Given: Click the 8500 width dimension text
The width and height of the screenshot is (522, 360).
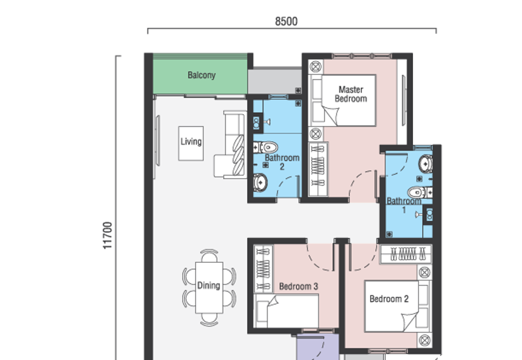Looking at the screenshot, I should point(286,21).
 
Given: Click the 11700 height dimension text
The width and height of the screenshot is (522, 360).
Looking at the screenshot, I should point(108,235).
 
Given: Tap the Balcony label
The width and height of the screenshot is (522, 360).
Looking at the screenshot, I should point(201,75).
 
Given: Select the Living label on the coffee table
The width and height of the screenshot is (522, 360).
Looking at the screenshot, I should point(191,142).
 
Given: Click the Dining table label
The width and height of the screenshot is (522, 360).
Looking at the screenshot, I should point(209,286).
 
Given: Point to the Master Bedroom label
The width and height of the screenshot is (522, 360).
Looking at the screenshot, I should point(350,94).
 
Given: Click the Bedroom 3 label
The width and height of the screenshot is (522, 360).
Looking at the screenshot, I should point(298,286).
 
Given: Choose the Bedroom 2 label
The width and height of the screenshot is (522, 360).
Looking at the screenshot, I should point(389,299).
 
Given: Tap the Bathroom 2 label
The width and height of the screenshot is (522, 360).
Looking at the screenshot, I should point(282,162).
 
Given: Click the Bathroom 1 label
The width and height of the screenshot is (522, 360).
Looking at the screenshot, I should point(404,205).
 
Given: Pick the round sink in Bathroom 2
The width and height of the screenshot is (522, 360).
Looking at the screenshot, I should point(260,183).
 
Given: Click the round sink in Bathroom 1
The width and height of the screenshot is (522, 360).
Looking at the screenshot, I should point(425,163).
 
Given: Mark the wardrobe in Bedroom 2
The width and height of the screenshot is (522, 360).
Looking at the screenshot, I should point(407,254).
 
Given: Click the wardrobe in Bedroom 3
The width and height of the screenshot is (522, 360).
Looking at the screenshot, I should point(263,269).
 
